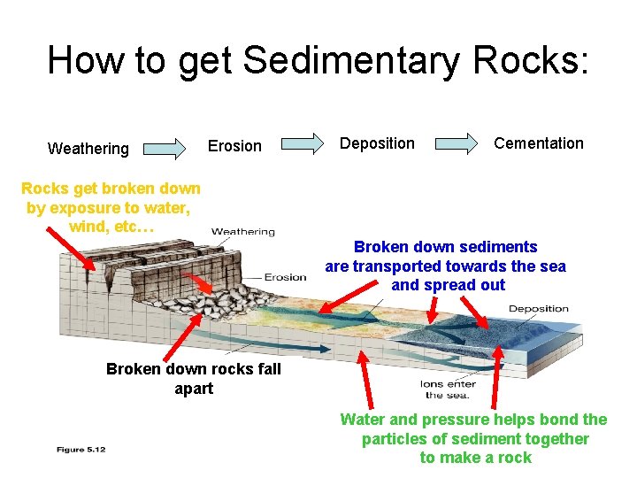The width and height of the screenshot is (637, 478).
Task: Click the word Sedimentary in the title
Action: (x=350, y=61)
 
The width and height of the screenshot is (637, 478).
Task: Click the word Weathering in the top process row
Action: (x=88, y=149)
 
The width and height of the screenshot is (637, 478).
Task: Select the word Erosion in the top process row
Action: (x=234, y=146)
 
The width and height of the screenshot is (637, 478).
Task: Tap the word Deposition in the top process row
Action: (x=377, y=143)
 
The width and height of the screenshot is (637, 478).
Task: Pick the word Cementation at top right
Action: (x=538, y=143)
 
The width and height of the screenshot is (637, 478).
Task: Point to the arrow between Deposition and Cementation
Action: (x=456, y=143)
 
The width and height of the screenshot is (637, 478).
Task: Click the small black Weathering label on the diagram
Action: (x=243, y=232)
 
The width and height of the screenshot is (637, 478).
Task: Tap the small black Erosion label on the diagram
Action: (x=285, y=277)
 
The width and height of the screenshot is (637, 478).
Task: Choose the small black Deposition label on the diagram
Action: (x=538, y=309)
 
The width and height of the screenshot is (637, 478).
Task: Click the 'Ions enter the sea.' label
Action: (x=448, y=389)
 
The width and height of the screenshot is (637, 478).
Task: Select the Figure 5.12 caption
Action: (x=81, y=450)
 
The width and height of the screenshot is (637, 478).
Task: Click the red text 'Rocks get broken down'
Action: (x=111, y=189)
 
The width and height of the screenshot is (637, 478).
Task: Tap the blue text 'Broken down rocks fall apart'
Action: (x=193, y=379)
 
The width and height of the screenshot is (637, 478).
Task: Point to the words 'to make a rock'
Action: (x=475, y=458)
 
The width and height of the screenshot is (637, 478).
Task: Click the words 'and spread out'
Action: (x=448, y=285)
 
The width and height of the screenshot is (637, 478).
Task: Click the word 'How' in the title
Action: (x=81, y=61)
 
